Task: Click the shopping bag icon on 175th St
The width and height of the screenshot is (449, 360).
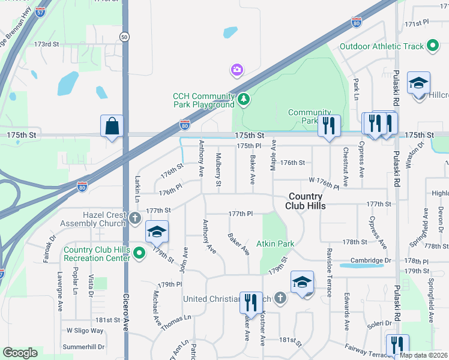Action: click(x=112, y=127)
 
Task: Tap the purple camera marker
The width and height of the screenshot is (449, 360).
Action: click(x=237, y=71)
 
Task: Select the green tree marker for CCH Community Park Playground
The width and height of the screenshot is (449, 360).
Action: click(x=243, y=99)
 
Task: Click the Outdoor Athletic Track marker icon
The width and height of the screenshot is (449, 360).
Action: click(x=432, y=46)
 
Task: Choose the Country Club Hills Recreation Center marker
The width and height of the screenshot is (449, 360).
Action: click(x=140, y=253)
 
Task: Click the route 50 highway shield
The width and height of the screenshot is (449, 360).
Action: click(x=124, y=37)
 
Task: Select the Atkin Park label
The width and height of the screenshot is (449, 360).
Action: click(x=276, y=244)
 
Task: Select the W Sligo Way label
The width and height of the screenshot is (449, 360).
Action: click(x=85, y=331)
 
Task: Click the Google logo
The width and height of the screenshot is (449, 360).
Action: click(x=20, y=353)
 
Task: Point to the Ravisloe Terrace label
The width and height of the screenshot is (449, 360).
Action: click(x=329, y=272)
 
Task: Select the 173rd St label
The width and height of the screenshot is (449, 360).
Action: click(x=47, y=44)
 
